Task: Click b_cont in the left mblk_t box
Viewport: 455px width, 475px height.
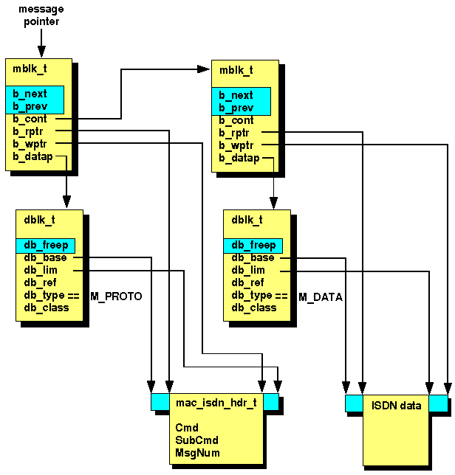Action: click(30, 119)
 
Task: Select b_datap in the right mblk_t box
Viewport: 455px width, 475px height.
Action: click(239, 157)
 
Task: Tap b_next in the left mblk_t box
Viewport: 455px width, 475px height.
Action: click(30, 94)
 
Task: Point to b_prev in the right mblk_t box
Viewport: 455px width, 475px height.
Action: click(236, 108)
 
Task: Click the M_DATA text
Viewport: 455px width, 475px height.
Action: click(321, 296)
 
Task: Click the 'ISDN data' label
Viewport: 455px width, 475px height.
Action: click(396, 405)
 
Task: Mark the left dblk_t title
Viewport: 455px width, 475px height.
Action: click(39, 219)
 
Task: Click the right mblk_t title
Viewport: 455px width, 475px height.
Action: click(236, 70)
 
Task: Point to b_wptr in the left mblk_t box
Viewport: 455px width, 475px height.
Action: click(30, 144)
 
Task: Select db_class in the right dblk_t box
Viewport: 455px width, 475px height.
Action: click(253, 308)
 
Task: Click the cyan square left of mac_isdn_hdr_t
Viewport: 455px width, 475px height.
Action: click(160, 401)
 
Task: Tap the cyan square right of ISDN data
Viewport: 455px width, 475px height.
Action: click(438, 403)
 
